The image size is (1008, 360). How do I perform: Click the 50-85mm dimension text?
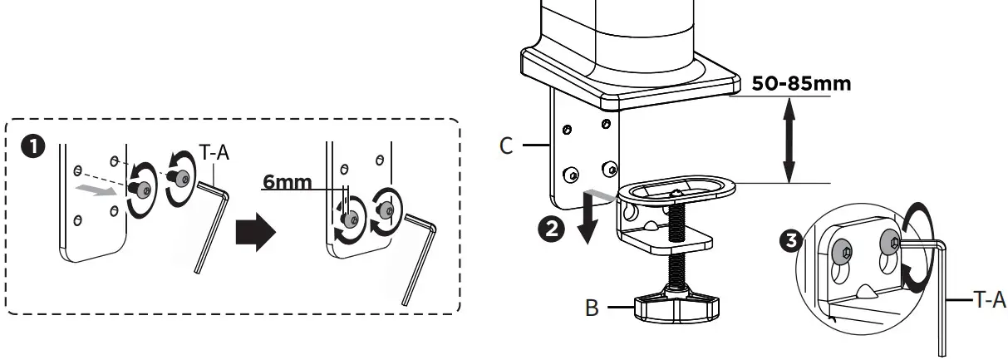pyautogui.click(x=801, y=85)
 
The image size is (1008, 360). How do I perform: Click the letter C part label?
pyautogui.click(x=506, y=147)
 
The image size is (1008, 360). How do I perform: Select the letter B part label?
pyautogui.click(x=593, y=308)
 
